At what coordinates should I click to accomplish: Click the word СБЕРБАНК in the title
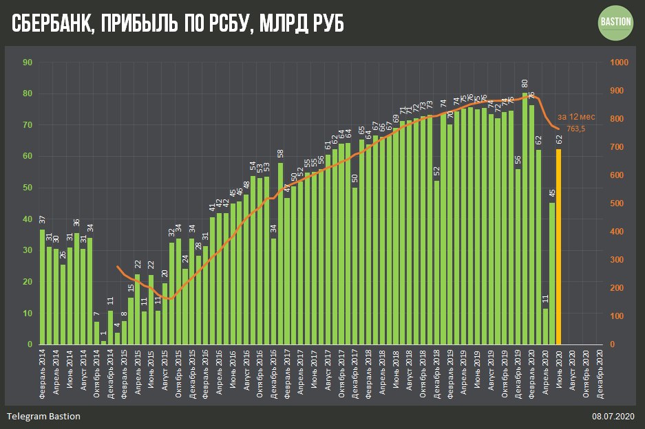tap(51, 25)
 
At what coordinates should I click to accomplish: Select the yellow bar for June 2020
tap(559, 247)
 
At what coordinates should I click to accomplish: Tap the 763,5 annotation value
tap(571, 129)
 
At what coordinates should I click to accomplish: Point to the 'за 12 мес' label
tap(576, 116)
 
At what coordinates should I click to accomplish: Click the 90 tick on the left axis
tap(28, 63)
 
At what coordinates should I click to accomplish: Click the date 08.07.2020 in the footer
tap(612, 417)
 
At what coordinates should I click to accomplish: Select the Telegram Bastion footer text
tap(43, 417)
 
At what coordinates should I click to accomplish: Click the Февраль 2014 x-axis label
tap(43, 371)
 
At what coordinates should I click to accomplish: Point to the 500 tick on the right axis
tap(618, 203)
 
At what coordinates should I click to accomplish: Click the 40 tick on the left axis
tap(28, 219)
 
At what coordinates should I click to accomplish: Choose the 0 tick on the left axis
tap(30, 344)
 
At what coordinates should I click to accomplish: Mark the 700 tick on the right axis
tap(618, 147)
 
